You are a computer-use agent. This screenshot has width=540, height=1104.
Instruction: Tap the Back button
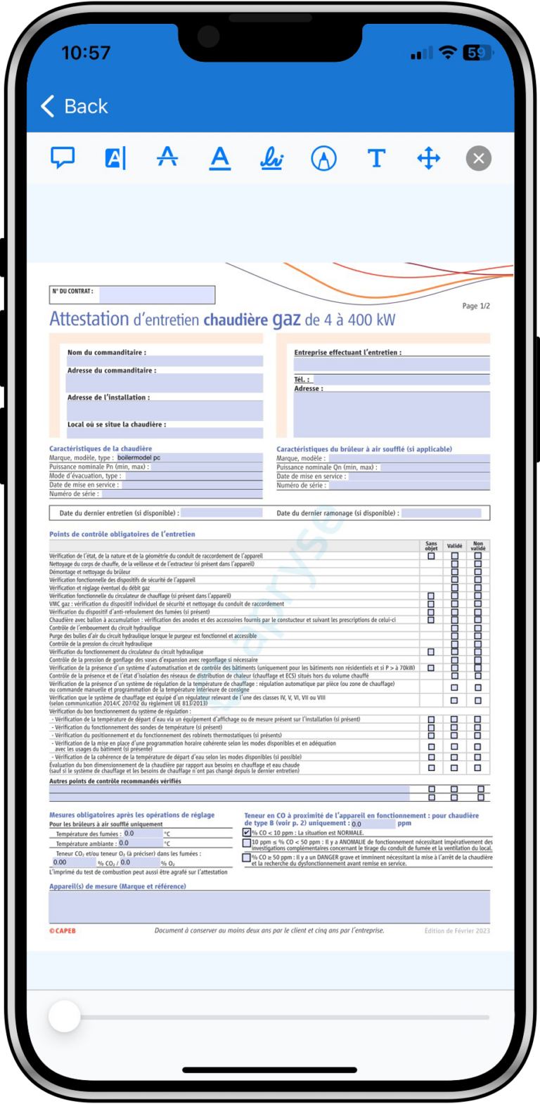tap(75, 106)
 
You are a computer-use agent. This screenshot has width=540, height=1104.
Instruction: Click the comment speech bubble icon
tap(63, 158)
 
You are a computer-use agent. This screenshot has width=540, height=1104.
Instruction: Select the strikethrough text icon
tap(167, 157)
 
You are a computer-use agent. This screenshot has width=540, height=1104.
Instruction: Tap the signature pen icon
tap(271, 159)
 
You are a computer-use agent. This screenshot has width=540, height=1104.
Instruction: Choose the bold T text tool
tap(376, 158)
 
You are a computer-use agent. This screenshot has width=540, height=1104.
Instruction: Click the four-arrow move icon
tap(428, 158)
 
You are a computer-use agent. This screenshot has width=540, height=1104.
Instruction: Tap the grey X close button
tap(479, 158)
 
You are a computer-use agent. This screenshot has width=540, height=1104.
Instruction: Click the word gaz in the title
tap(287, 320)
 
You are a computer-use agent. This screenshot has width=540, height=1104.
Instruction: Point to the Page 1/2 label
tap(476, 306)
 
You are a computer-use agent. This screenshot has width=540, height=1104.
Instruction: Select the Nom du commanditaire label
tap(106, 352)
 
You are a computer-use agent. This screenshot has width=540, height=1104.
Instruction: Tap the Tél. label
tap(302, 379)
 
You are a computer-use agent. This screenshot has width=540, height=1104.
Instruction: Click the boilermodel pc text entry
tap(139, 457)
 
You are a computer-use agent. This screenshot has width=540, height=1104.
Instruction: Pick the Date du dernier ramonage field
tap(441, 513)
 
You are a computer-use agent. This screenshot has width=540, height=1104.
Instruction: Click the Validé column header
tap(455, 546)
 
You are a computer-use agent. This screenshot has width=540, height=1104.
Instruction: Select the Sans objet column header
tap(431, 546)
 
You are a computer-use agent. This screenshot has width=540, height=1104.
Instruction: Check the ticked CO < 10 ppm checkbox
tap(247, 832)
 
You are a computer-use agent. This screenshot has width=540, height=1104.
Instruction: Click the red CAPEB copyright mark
tap(63, 930)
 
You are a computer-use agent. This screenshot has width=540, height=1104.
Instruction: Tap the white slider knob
tap(65, 1016)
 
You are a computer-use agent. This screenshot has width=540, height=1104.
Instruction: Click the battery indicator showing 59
tap(477, 53)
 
